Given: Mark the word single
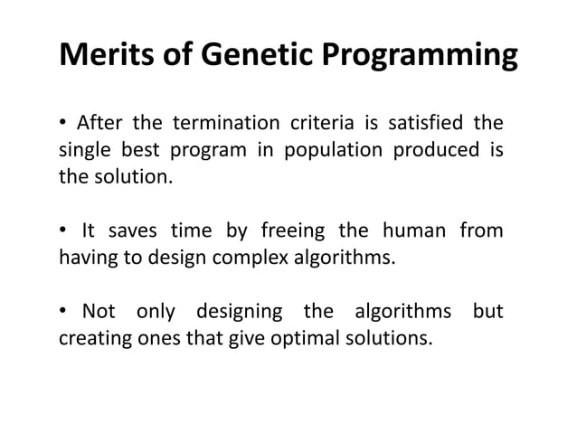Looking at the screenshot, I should point(84,149).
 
